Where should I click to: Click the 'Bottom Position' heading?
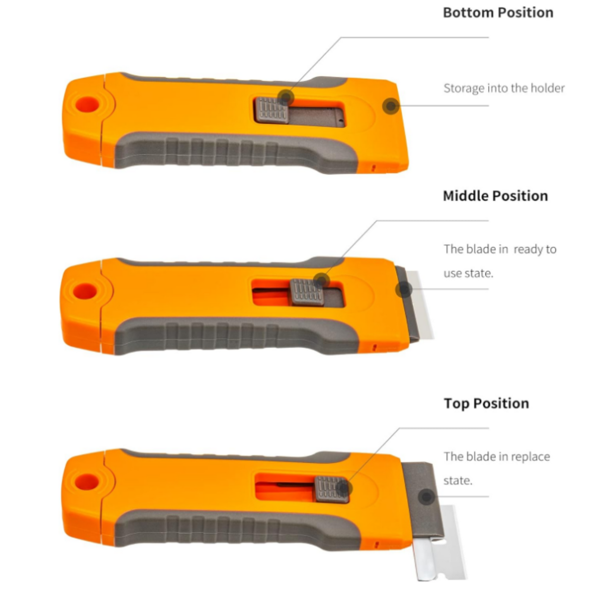click(498, 13)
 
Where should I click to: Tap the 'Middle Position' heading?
click(495, 196)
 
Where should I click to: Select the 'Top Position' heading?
click(486, 403)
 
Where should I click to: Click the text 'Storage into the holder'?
click(504, 88)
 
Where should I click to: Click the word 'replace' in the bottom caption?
click(531, 456)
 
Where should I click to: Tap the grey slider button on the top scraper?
click(272, 110)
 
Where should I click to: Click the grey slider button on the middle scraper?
click(307, 292)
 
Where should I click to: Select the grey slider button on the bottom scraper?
click(331, 489)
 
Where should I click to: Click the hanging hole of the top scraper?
click(87, 104)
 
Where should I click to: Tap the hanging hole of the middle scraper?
click(85, 291)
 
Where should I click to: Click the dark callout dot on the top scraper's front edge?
click(391, 106)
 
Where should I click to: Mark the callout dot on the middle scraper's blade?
click(404, 290)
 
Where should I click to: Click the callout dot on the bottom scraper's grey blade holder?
click(427, 497)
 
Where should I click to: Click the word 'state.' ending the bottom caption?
click(458, 481)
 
